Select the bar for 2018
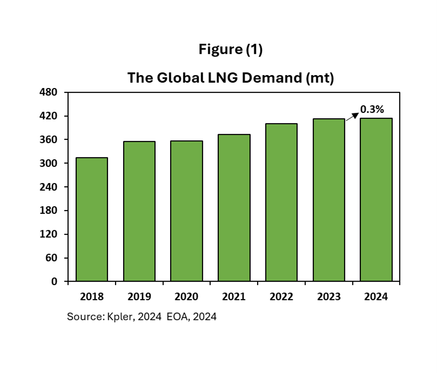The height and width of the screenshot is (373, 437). (x=91, y=219)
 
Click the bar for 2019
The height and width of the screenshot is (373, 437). (x=139, y=211)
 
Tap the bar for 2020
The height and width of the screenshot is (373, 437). (x=186, y=211)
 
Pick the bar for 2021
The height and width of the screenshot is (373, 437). (x=234, y=208)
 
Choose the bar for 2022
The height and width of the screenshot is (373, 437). (x=281, y=202)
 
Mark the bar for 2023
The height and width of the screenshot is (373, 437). (x=329, y=200)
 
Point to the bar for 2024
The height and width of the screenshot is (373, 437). (x=376, y=199)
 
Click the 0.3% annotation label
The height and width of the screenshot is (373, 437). (x=372, y=109)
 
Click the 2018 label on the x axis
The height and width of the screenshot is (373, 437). (x=91, y=297)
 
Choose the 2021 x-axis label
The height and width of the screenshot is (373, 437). (x=234, y=297)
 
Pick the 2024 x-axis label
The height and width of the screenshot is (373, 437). (x=376, y=297)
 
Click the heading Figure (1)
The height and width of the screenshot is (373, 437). (x=230, y=50)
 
